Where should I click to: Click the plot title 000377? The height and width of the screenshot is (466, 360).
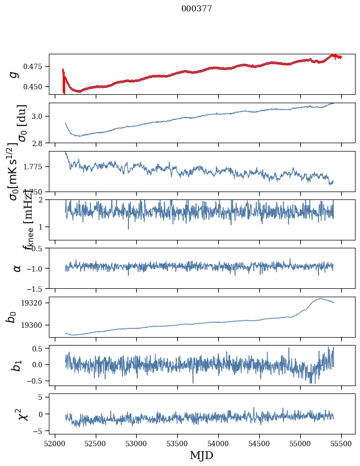pyautogui.click(x=197, y=9)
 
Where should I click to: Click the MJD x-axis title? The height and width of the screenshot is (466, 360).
pyautogui.click(x=201, y=456)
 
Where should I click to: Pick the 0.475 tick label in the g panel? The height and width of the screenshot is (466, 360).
pyautogui.click(x=35, y=66)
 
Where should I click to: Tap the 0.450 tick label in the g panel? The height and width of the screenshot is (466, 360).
pyautogui.click(x=35, y=86)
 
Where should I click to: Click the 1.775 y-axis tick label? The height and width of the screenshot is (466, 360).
pyautogui.click(x=35, y=167)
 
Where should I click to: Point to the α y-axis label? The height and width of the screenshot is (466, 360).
pyautogui.click(x=17, y=268)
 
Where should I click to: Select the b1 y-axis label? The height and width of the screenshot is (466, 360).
pyautogui.click(x=17, y=365)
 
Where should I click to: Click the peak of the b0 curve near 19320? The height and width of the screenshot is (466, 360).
pyautogui.click(x=321, y=298)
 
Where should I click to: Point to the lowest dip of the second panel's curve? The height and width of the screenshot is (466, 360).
pyautogui.click(x=78, y=136)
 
